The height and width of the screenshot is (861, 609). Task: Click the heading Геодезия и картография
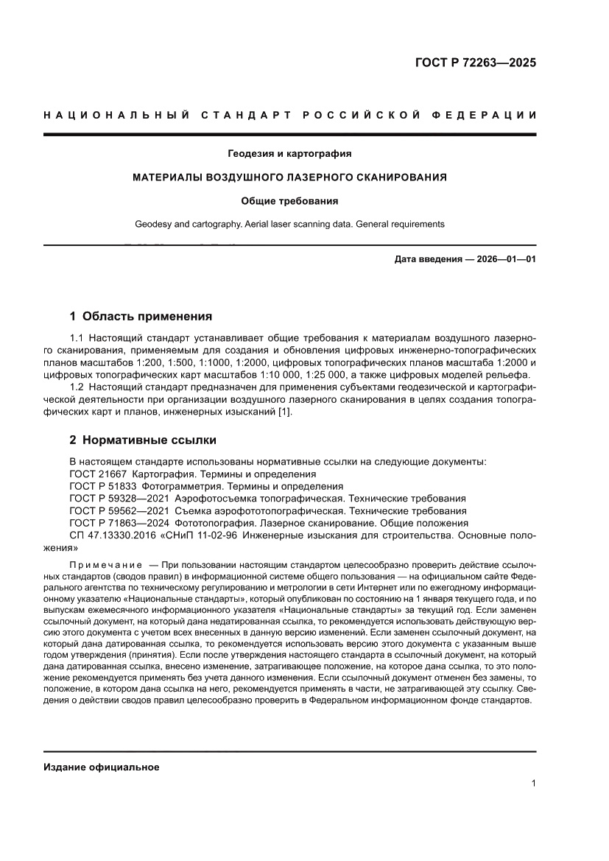[289, 154]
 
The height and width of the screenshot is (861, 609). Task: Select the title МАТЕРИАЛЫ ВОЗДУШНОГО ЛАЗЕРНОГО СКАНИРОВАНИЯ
[289, 178]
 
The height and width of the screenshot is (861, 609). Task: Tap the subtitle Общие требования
[289, 200]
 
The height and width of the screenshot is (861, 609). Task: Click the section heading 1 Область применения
[141, 317]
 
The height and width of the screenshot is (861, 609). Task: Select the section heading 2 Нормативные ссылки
[143, 440]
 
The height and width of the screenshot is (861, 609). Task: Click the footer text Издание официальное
[102, 767]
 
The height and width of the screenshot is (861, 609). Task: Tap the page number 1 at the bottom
[533, 784]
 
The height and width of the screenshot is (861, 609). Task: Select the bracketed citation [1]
[284, 411]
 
